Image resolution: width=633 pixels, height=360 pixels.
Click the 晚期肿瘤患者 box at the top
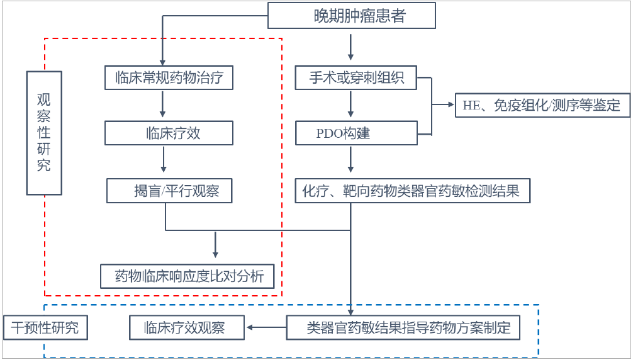[352, 16]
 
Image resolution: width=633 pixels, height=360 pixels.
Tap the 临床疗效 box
[169, 133]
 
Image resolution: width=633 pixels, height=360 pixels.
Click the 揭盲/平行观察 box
[169, 191]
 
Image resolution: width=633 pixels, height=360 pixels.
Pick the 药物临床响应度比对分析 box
[188, 276]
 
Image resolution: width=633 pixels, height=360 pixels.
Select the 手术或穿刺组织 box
[356, 78]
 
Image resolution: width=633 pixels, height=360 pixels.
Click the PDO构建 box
[356, 133]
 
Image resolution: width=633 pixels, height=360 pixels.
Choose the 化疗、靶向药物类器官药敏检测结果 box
[413, 191]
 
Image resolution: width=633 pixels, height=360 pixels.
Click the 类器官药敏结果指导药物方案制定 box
[403, 328]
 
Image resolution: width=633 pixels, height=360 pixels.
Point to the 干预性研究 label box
[45, 328]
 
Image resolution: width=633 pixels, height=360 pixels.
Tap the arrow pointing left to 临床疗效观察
[266, 328]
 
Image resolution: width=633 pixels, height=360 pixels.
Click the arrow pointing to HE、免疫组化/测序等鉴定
[443, 105]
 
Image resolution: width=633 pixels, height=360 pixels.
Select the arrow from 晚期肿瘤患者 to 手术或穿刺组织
[351, 48]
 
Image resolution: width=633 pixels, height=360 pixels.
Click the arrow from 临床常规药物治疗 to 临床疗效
[163, 104]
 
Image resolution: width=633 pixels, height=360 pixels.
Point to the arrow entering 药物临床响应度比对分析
[215, 245]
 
